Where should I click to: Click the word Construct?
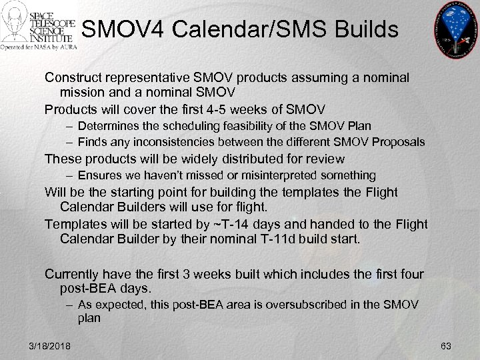pos(72,78)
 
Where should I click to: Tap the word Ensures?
pos(99,175)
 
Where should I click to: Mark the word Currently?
pos(73,273)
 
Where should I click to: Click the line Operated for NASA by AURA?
pos(39,48)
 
